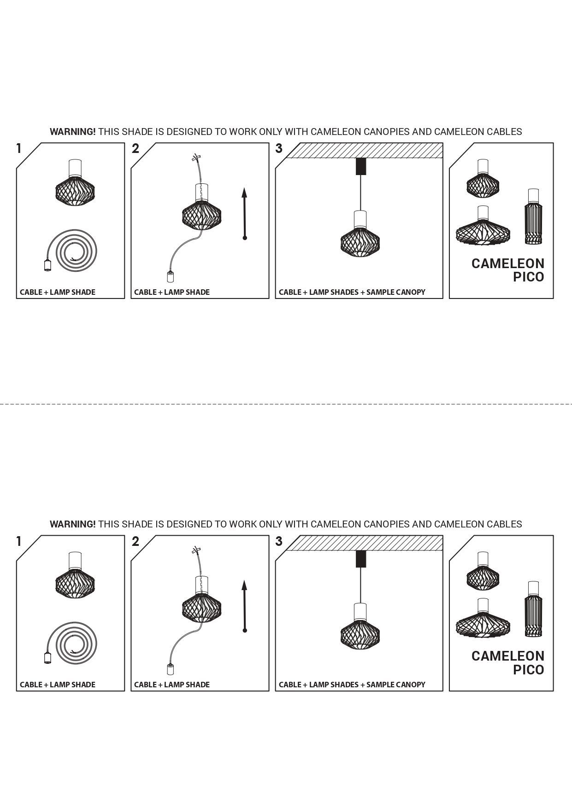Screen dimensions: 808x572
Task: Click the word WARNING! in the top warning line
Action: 73,132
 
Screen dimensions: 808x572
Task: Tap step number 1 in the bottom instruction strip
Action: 19,541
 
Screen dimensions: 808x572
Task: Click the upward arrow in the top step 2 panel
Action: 245,214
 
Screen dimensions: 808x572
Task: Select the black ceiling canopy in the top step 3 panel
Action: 360,166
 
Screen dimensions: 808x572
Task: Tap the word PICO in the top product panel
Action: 528,277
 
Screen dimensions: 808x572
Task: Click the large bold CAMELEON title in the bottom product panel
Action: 507,656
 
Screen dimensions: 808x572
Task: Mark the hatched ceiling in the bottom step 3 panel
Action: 364,543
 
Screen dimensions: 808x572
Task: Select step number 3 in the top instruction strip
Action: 279,149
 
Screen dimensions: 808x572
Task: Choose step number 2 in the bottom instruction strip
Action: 135,541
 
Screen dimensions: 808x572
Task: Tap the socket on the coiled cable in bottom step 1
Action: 47,657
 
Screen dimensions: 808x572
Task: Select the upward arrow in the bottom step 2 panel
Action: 245,606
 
